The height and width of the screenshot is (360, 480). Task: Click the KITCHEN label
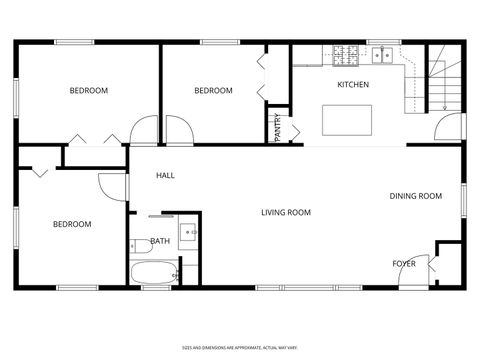353,85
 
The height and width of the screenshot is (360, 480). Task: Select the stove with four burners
346,53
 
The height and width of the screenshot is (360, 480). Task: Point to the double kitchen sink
383,54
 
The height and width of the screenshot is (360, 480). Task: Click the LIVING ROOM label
286,212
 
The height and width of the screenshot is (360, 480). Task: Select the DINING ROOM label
415,196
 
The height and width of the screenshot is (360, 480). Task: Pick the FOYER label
403,264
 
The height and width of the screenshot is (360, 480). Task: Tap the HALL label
165,175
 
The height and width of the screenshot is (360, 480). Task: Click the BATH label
160,241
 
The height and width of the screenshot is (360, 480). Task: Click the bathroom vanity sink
188,234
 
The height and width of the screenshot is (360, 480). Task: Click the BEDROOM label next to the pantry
213,91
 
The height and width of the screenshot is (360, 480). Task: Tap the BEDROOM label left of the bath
72,224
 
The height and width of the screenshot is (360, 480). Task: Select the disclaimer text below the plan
240,348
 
